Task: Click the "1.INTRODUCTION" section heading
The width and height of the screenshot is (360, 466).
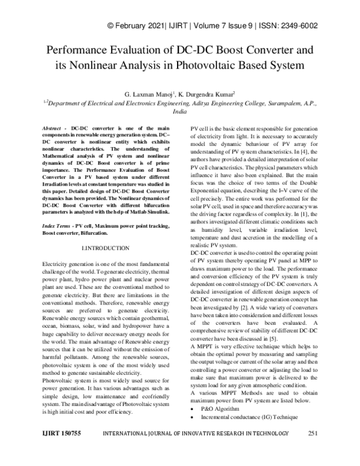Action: point(104,248)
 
